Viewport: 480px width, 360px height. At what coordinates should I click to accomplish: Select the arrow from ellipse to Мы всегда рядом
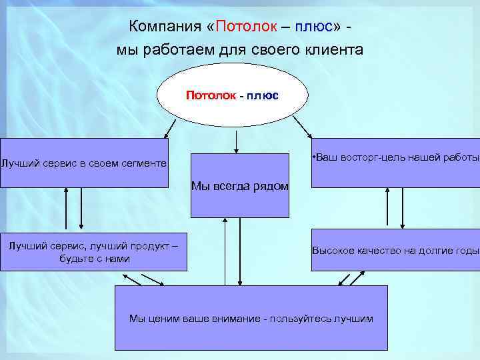(235, 141)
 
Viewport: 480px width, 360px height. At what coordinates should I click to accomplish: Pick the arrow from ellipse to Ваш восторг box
(303, 127)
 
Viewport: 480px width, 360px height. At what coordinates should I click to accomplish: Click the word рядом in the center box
(271, 187)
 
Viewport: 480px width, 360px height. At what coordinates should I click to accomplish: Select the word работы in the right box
(463, 158)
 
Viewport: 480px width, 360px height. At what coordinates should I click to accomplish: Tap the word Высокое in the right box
(331, 251)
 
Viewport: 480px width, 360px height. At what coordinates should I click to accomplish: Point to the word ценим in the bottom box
(159, 319)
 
